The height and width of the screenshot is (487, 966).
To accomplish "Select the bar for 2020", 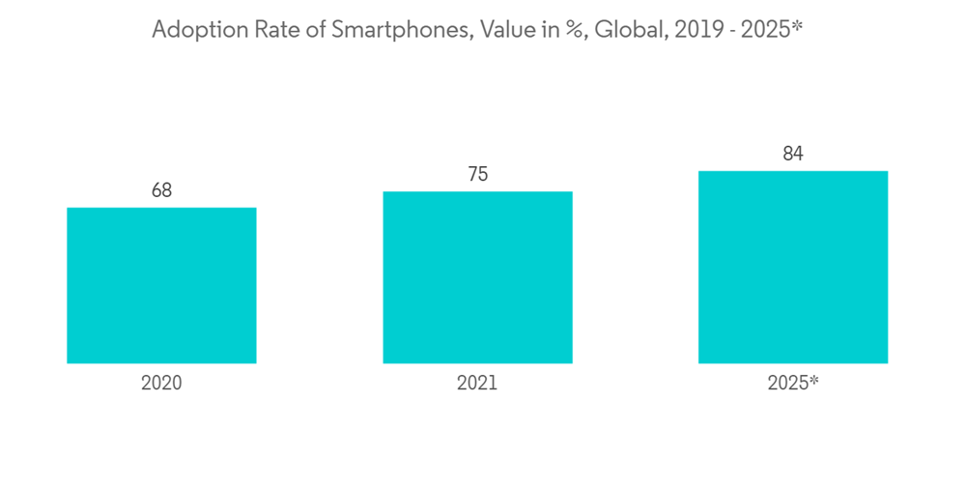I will pyautogui.click(x=161, y=285).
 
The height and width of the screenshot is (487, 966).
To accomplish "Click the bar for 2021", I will pyautogui.click(x=477, y=277).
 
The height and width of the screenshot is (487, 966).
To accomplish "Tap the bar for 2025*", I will pyautogui.click(x=793, y=267).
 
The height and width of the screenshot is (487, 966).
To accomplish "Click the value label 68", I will pyautogui.click(x=161, y=190).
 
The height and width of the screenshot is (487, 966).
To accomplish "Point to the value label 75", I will pyautogui.click(x=477, y=174).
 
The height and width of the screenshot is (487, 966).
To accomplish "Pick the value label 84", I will pyautogui.click(x=793, y=154).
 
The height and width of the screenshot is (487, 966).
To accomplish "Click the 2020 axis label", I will pyautogui.click(x=161, y=383).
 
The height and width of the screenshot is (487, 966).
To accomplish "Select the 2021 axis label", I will pyautogui.click(x=477, y=383).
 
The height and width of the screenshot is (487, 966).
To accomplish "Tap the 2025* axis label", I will pyautogui.click(x=793, y=383).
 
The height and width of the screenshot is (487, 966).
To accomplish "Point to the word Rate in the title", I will pyautogui.click(x=267, y=31).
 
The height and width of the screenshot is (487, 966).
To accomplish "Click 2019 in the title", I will pyautogui.click(x=690, y=31).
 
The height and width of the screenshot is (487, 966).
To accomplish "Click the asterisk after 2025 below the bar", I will pyautogui.click(x=813, y=379).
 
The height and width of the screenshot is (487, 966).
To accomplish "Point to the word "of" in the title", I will pyautogui.click(x=309, y=31).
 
